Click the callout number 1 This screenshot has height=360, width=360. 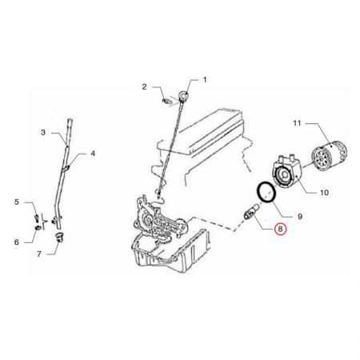tap(205, 79)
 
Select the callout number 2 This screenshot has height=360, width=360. tap(144, 86)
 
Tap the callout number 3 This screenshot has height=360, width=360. tap(43, 132)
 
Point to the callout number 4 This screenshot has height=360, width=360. tap(93, 154)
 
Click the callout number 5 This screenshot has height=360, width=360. tap(17, 202)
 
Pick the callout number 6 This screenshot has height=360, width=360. tap(17, 242)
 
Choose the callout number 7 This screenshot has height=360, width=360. tap(39, 254)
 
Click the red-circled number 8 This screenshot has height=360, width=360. tap(280, 229)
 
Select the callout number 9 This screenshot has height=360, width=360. tap(300, 216)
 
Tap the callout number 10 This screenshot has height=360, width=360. tap(324, 192)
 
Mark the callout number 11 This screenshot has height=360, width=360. tap(297, 123)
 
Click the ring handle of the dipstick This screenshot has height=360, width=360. tap(183, 95)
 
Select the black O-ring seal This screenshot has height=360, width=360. tap(266, 193)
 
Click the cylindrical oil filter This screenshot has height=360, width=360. tap(330, 156)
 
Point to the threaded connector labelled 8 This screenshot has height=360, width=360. tap(251, 213)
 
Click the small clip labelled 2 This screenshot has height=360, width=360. tap(166, 101)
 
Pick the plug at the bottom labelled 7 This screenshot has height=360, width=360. tap(58, 237)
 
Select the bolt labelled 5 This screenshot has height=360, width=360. tap(37, 218)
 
